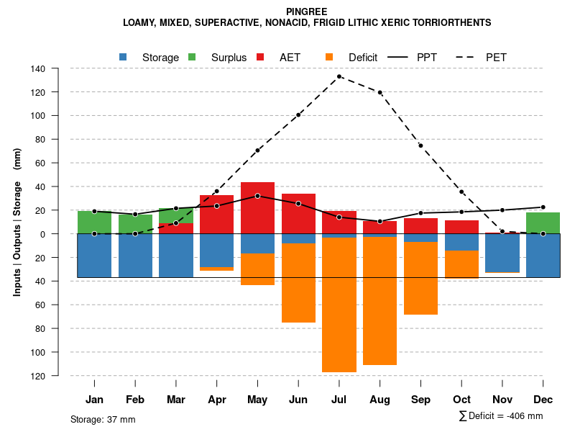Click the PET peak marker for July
click(x=339, y=76)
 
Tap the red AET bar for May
click(x=257, y=209)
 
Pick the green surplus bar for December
click(x=543, y=223)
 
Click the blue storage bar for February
click(x=135, y=256)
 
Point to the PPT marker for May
click(x=257, y=196)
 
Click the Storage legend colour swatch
click(x=124, y=57)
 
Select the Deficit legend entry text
click(x=363, y=58)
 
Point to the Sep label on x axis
click(x=420, y=400)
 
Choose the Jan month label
click(x=94, y=400)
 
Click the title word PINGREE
click(x=307, y=12)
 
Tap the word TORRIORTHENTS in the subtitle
click(x=454, y=23)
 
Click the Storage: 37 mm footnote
click(x=103, y=419)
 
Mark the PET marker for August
click(x=380, y=92)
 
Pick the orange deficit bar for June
click(x=298, y=283)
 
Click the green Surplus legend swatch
click(x=192, y=57)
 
